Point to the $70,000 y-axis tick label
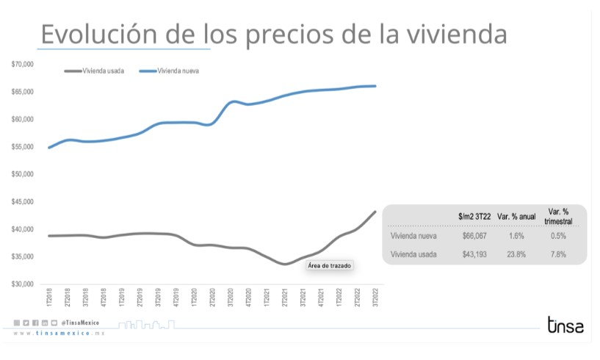pos(23,65)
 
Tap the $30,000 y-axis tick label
pos(23,284)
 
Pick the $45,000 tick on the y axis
pos(23,202)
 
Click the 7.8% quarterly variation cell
pos(557,254)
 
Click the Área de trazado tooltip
pos(329,265)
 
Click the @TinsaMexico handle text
pos(80,323)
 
